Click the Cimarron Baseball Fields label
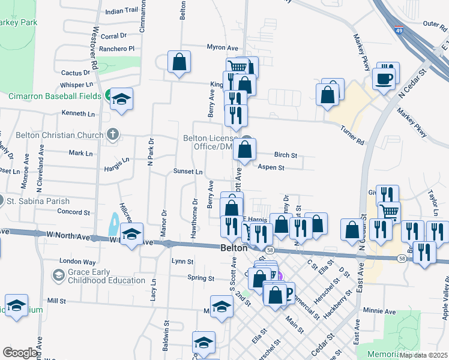55,96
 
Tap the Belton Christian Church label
52,135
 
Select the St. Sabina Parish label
38,202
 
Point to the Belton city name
234,248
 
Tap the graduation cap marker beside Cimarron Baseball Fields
121,100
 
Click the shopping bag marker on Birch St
245,149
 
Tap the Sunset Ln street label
188,172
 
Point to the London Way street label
77,262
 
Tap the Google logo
20,353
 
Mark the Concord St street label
73,212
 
